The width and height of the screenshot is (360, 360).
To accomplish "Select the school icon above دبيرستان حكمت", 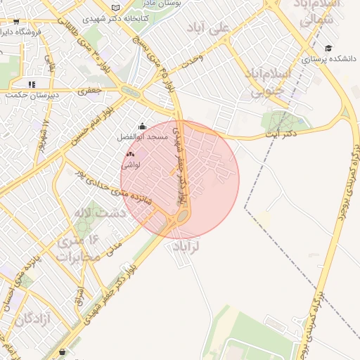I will pos(32,84).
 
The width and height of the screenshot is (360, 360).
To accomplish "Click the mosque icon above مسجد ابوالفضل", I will pos(143,126).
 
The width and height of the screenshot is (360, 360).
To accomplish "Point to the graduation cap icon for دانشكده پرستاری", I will pos(329,49).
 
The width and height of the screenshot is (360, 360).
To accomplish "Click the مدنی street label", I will pos(115,247).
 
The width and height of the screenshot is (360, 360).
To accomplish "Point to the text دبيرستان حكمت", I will pos(32,95).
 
